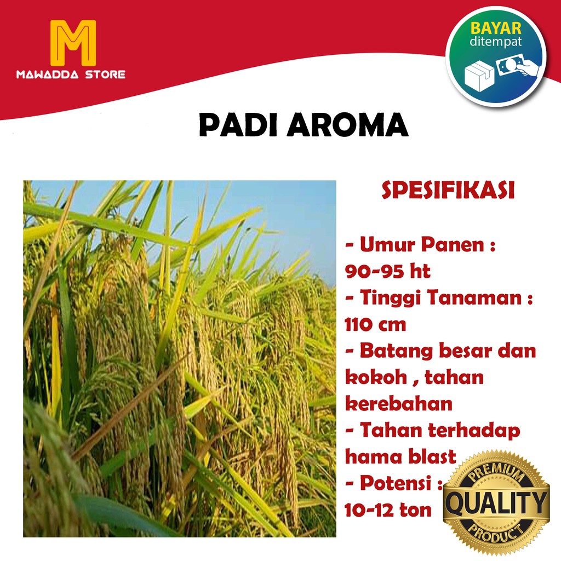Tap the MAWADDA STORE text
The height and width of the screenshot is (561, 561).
pos(71,75)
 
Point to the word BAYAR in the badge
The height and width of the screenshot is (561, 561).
pos(496,27)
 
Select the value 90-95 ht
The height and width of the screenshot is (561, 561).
pos(388,271)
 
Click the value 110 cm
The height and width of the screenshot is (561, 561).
pos(376,324)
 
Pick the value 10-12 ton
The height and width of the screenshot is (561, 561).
pos(388,510)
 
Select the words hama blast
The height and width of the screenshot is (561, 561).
pos(400,456)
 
